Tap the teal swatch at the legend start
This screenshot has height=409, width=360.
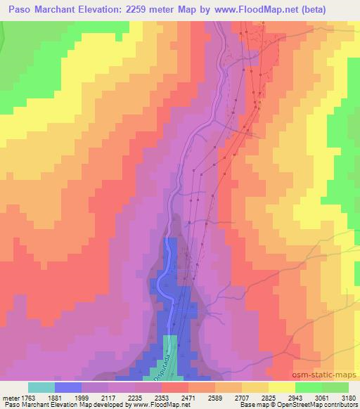coord(41,387)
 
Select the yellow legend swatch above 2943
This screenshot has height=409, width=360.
coord(281,387)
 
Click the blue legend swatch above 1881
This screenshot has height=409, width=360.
coord(68,387)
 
